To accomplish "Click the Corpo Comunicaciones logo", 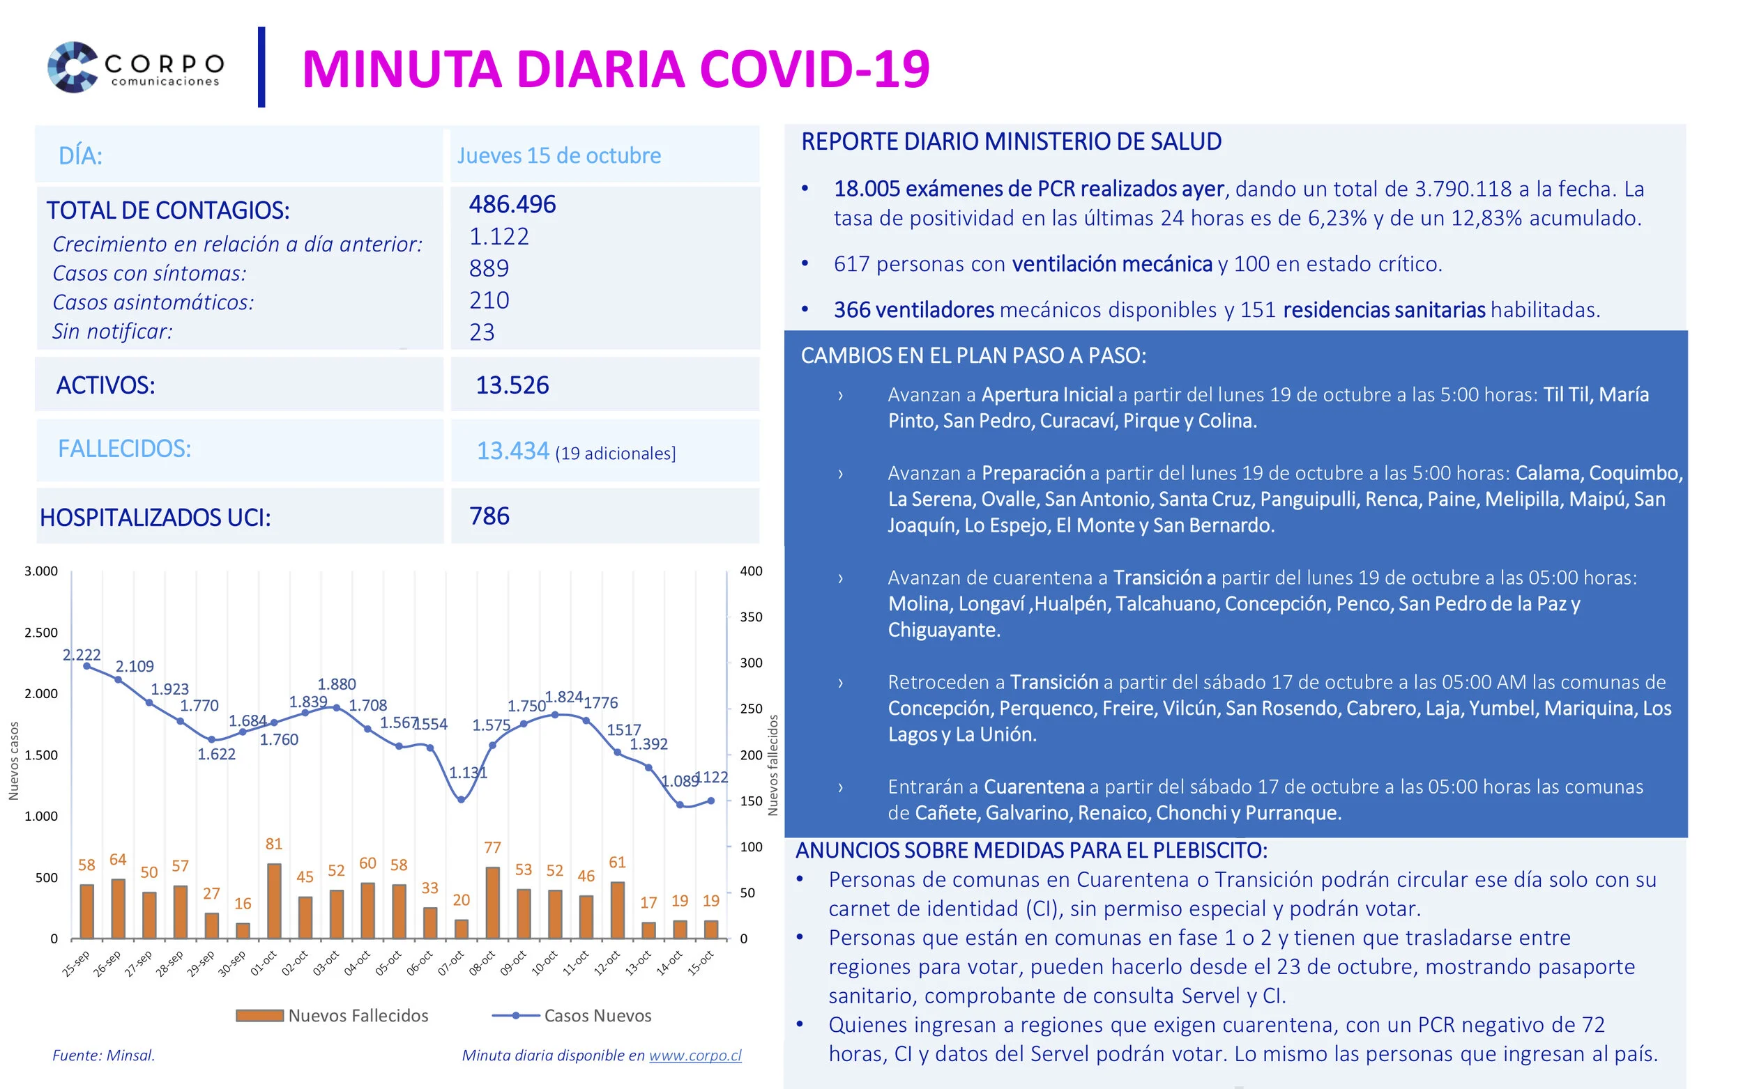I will coord(135,67).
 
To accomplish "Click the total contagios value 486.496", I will coord(512,204).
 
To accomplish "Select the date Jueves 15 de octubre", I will coord(558,155).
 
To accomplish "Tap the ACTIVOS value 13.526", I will coord(512,385).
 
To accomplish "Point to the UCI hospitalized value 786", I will coord(489,516).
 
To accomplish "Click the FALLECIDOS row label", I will coord(125,449).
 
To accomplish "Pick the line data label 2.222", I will coord(82,655).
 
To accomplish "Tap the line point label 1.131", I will coord(469,773).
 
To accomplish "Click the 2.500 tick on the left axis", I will coord(41,633).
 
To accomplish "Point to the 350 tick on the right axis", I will coord(751,617).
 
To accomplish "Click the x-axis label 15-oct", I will coord(701,963).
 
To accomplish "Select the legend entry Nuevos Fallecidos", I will coord(358,1016).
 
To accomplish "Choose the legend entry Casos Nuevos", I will coord(597,1016).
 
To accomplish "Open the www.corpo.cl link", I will coord(695,1055).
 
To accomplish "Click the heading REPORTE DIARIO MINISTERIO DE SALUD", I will coord(1011,141).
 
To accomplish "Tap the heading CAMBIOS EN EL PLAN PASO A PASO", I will coord(973,355).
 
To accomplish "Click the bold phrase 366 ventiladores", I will coord(913,310).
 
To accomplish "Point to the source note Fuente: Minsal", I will coord(104,1055).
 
